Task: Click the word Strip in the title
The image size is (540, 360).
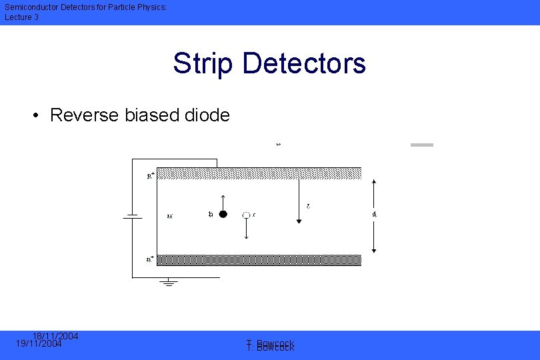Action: point(203,63)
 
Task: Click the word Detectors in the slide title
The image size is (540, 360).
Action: point(304,63)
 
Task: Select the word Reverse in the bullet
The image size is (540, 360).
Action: point(85,115)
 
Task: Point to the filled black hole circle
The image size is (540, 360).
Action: point(223,214)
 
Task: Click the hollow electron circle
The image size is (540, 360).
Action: point(246,215)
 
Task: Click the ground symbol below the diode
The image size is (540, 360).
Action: point(169,283)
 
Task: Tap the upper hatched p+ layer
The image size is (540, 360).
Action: point(260,173)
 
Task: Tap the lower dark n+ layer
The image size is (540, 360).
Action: point(260,260)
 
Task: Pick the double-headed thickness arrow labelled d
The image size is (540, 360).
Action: point(374,215)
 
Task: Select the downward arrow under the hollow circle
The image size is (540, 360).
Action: point(247,229)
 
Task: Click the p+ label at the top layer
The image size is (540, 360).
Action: point(151,176)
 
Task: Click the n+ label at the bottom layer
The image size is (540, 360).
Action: point(151,259)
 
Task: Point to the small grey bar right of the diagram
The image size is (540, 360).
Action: point(421,145)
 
